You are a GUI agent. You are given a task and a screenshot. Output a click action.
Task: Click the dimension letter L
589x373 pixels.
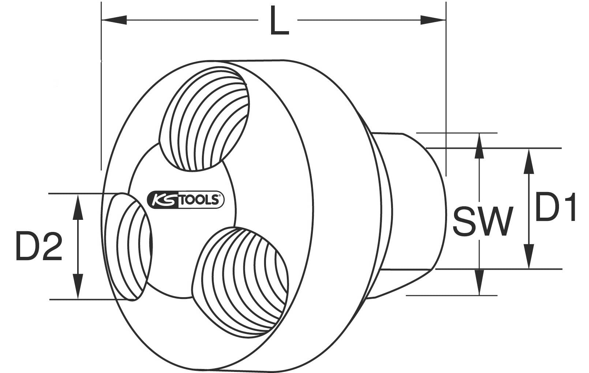point(280,21)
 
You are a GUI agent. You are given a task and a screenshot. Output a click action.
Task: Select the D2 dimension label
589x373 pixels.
point(39,246)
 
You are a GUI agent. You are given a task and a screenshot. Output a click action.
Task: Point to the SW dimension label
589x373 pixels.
point(483,221)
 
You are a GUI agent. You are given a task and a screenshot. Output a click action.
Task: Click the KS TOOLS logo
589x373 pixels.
point(185,200)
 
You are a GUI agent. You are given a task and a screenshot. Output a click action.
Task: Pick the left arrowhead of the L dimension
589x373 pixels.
point(114,20)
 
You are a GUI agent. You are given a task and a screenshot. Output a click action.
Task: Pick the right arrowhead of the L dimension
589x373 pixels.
point(433,20)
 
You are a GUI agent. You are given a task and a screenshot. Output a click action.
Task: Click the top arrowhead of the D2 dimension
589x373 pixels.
point(78,207)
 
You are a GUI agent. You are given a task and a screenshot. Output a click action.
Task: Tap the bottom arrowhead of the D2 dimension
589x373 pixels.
point(78,286)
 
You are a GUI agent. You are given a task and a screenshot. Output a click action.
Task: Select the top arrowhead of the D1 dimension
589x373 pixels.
point(529,161)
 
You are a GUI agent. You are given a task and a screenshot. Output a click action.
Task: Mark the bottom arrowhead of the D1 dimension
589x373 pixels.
point(529,256)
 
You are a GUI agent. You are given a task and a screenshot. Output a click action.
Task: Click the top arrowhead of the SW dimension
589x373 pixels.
point(479,146)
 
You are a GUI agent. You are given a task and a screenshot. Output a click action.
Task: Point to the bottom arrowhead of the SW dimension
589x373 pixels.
point(479,282)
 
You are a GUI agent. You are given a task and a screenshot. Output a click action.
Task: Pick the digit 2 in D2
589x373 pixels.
point(52,246)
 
